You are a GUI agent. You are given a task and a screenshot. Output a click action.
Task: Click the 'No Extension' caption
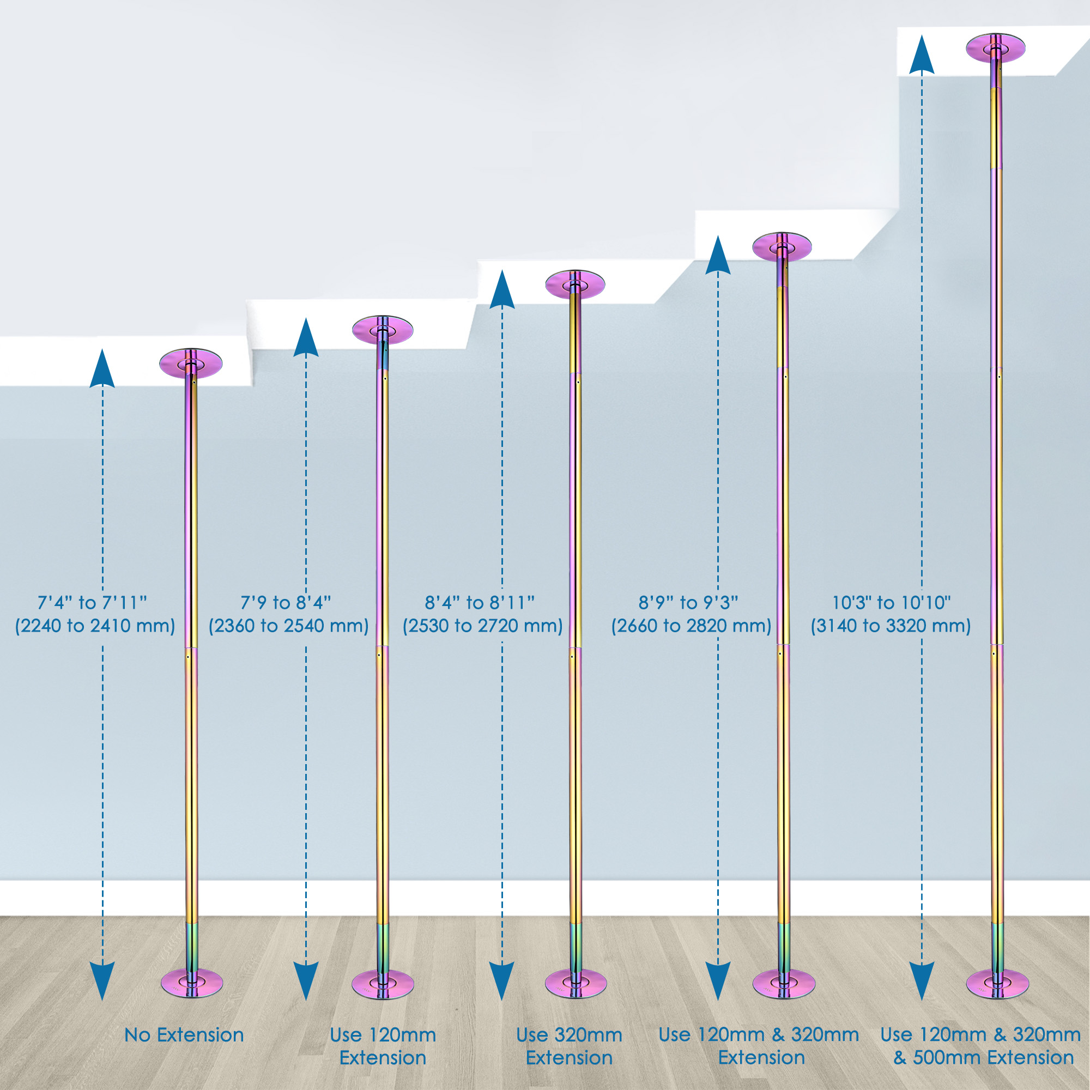[x=184, y=1035]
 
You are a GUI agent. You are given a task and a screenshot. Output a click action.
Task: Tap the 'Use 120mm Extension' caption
[x=383, y=1046]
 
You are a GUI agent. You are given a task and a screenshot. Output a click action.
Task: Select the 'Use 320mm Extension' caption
[x=570, y=1046]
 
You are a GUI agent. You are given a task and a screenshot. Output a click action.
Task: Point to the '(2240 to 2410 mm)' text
[x=95, y=626]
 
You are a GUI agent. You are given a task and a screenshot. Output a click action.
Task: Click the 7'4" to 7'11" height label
[x=93, y=603]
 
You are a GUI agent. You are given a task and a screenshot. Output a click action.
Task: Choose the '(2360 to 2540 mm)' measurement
[x=289, y=626]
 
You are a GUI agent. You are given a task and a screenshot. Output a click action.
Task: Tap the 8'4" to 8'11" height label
[x=480, y=603]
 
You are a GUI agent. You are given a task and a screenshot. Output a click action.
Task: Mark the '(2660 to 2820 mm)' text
[x=691, y=626]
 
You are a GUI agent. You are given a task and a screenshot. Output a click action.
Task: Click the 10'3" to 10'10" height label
[x=892, y=603]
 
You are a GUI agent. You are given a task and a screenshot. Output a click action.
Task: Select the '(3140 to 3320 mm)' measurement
[x=891, y=626]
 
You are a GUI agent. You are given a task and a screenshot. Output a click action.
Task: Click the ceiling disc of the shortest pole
[x=191, y=363]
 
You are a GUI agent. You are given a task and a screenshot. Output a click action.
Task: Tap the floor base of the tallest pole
[x=997, y=984]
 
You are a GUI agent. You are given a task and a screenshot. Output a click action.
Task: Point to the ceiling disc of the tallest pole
[x=995, y=48]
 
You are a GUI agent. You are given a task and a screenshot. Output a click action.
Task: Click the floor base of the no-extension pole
[x=192, y=983]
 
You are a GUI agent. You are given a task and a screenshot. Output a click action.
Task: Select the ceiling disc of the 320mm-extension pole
[x=575, y=284]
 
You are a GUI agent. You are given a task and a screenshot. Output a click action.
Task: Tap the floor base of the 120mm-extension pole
[x=383, y=984]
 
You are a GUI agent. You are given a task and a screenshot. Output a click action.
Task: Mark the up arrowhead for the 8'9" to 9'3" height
[x=718, y=256]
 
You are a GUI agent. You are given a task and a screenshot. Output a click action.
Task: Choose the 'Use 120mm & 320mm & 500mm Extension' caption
[x=980, y=1046]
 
